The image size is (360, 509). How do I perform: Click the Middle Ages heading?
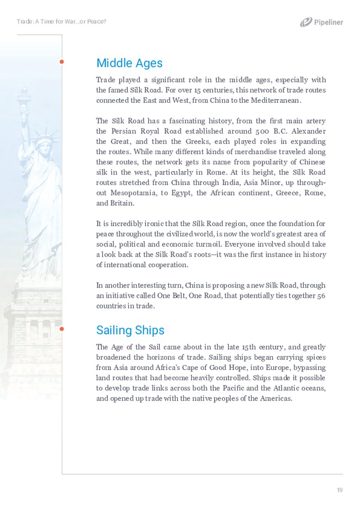(129, 63)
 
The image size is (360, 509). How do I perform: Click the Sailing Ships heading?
(130, 330)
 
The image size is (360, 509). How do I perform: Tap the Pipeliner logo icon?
(306, 22)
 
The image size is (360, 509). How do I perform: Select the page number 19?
(340, 490)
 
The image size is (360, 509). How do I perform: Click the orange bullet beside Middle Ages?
(62, 62)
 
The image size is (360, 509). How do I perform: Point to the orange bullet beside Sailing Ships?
(62, 329)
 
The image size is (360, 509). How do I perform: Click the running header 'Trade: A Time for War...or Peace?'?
(62, 22)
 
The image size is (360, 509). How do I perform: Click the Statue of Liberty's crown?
(44, 137)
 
